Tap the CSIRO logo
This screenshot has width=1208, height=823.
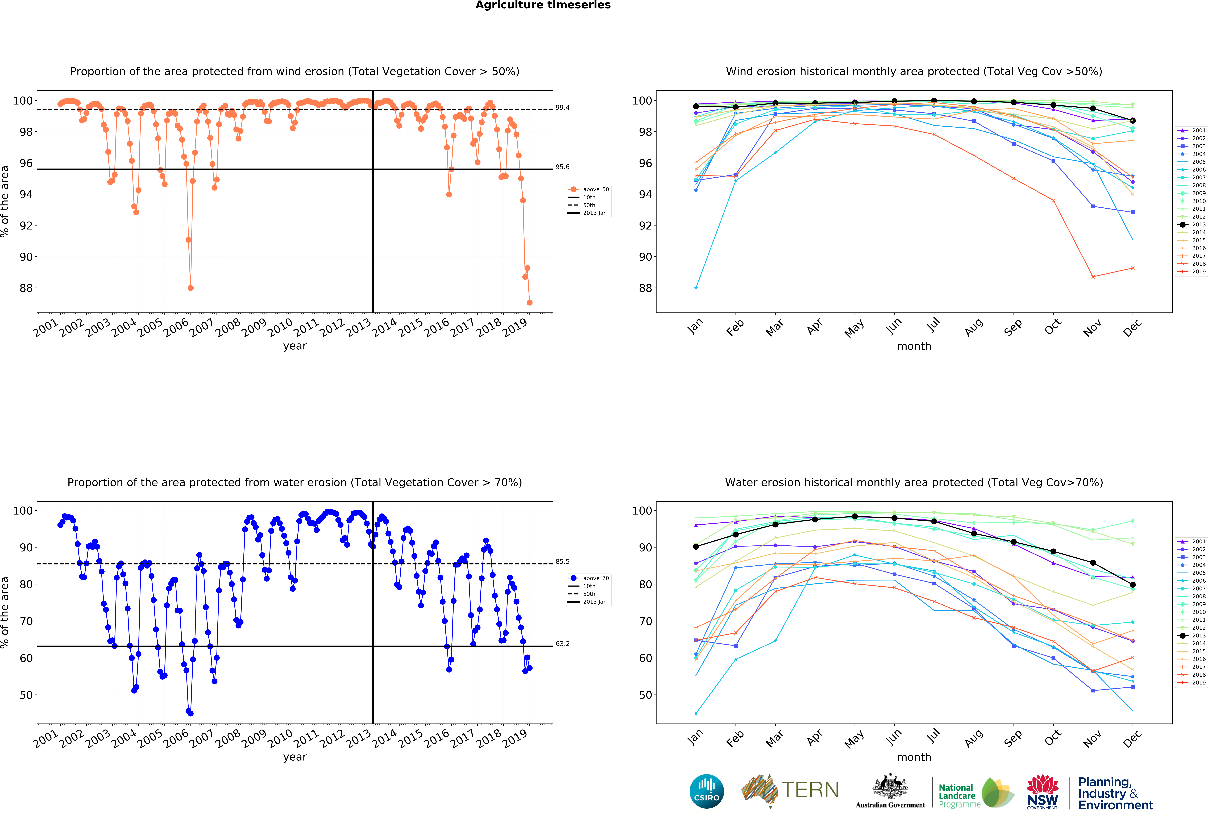coord(706,791)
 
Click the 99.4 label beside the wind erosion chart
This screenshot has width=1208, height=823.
coord(562,108)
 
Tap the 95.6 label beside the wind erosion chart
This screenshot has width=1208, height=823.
coord(562,167)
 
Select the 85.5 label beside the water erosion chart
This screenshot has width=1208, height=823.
coord(562,562)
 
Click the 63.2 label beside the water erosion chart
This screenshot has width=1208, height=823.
coord(562,644)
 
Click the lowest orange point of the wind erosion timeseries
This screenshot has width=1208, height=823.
coord(529,302)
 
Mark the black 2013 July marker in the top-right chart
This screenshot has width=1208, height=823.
coord(934,101)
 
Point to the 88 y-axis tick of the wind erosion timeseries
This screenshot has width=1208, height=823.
coord(26,288)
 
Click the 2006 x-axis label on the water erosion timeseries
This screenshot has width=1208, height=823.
coord(176,738)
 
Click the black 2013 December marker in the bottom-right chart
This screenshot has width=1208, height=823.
coord(1133,584)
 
